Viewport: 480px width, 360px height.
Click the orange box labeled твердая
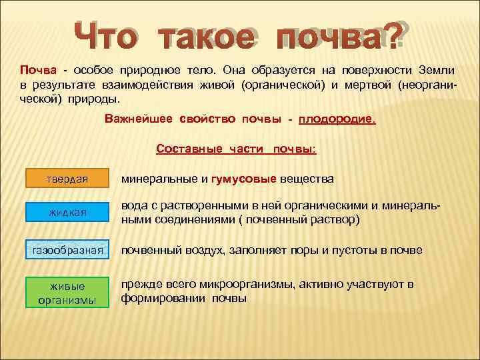[67, 179]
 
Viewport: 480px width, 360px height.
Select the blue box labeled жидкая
[67, 213]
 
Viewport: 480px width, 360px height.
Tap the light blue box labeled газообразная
[67, 250]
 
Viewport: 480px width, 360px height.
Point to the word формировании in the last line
[163, 299]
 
